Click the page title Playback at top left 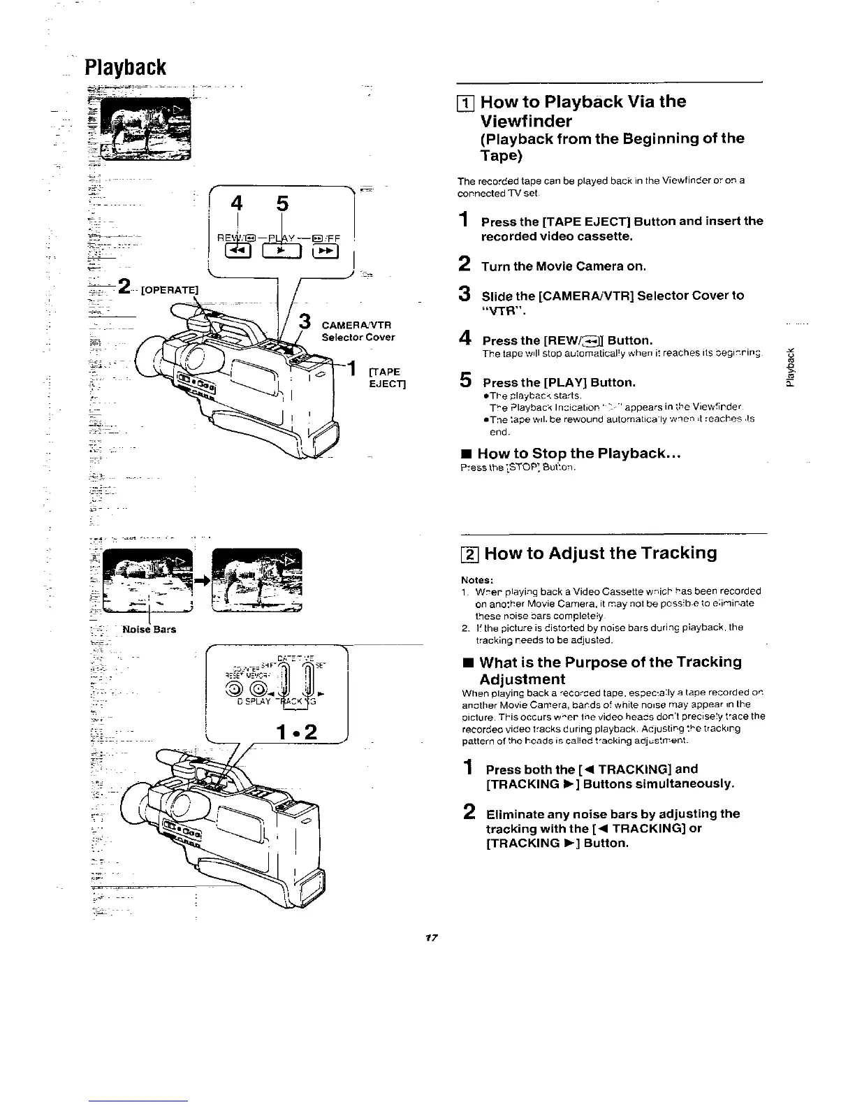[x=125, y=68]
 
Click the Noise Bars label [x=149, y=629]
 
